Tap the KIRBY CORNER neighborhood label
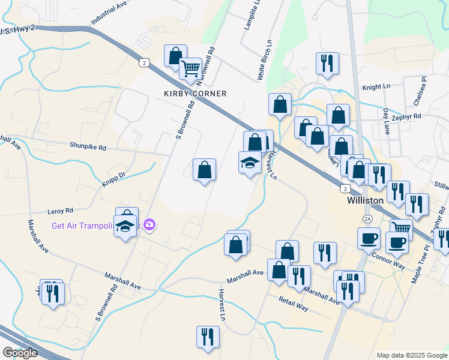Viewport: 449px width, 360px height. click(x=196, y=94)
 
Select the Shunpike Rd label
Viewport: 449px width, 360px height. click(x=88, y=146)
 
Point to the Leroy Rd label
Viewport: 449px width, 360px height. click(x=60, y=211)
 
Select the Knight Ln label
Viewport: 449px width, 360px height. click(x=376, y=87)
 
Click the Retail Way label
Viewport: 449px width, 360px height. click(x=293, y=303)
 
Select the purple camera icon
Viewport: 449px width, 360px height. click(x=149, y=226)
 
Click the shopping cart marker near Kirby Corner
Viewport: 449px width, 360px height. click(x=190, y=69)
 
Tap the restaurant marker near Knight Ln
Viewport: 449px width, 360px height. click(x=327, y=64)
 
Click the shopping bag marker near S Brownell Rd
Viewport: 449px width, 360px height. click(x=205, y=170)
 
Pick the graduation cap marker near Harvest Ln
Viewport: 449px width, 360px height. click(x=250, y=163)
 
